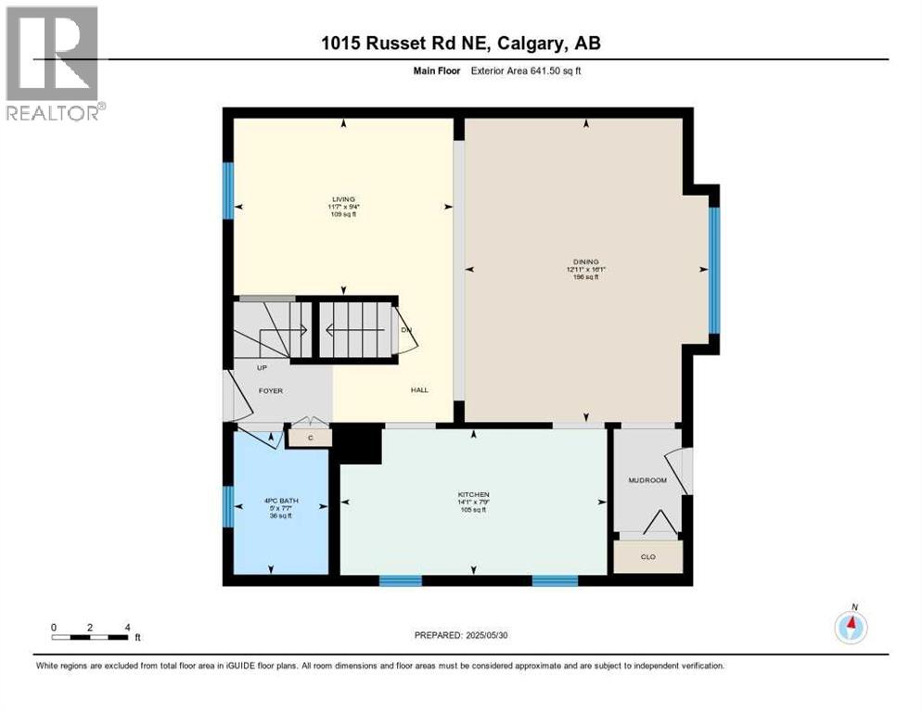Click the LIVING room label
pyautogui.click(x=344, y=198)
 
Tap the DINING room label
pyautogui.click(x=585, y=262)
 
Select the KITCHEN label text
pyautogui.click(x=473, y=495)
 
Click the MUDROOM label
pyautogui.click(x=647, y=480)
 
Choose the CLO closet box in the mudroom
pyautogui.click(x=648, y=557)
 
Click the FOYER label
pyautogui.click(x=270, y=391)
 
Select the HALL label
pyautogui.click(x=419, y=390)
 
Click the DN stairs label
pyautogui.click(x=405, y=331)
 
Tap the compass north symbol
pyautogui.click(x=851, y=627)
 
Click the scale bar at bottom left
pyautogui.click(x=91, y=636)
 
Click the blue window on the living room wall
pyautogui.click(x=227, y=191)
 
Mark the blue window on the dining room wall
pyautogui.click(x=714, y=269)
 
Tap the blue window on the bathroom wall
pyautogui.click(x=227, y=506)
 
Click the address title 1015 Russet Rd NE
pyautogui.click(x=460, y=44)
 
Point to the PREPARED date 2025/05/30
pyautogui.click(x=461, y=635)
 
